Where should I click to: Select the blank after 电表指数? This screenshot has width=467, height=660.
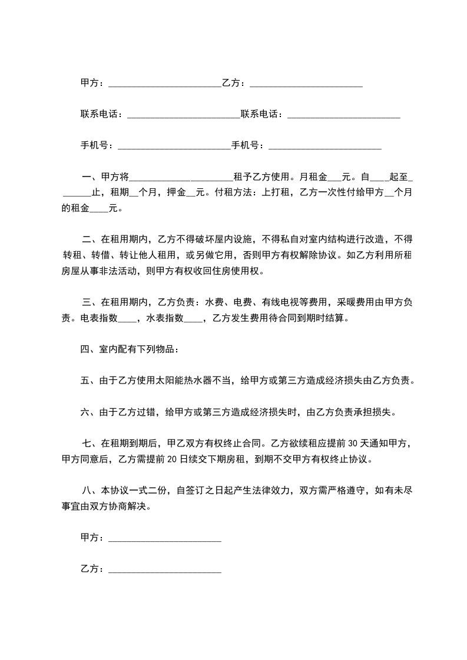[x=127, y=318]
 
